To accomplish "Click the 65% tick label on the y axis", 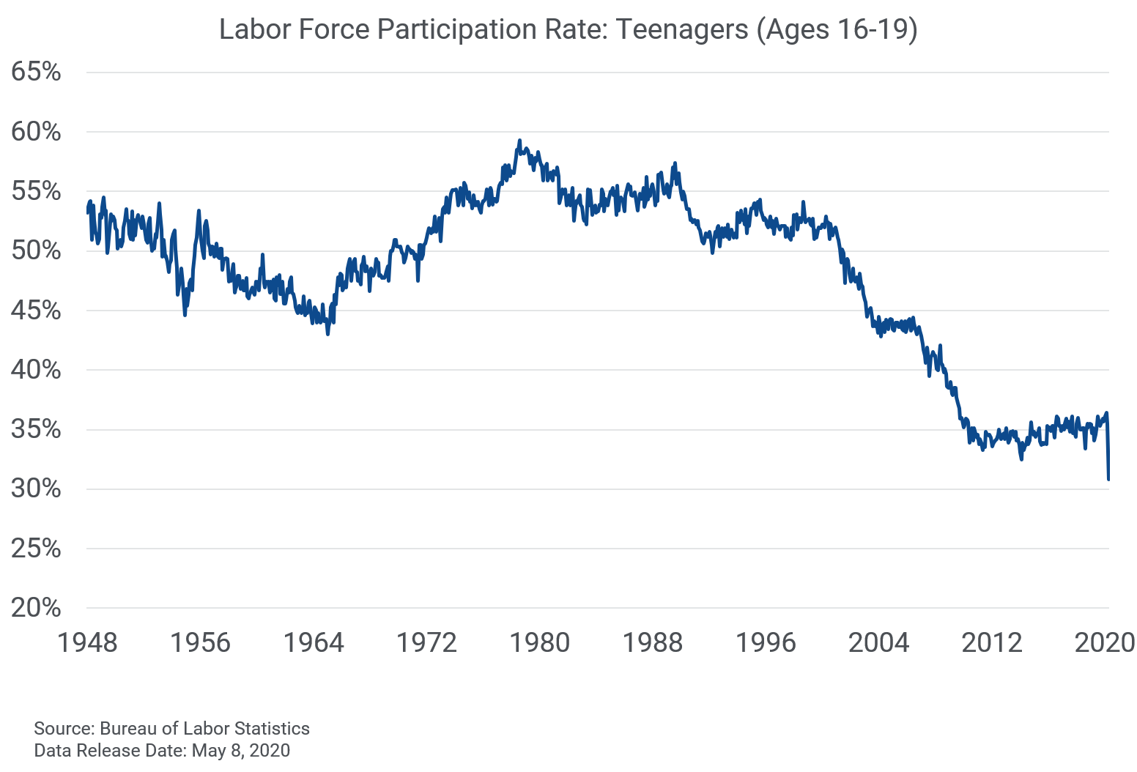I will (36, 72).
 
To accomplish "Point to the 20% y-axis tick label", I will (36, 607).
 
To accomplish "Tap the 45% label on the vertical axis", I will (36, 310).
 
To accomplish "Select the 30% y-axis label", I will (36, 489).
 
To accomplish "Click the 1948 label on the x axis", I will (87, 643).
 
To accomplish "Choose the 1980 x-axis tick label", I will (539, 643).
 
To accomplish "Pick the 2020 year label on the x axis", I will (1104, 643).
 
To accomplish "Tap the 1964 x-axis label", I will (314, 643).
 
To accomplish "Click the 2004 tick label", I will (878, 643).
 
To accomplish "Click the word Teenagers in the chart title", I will (682, 30).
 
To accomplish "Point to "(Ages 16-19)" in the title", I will (837, 30).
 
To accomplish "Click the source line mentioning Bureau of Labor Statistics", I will (172, 729).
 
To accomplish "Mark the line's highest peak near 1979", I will (519, 141).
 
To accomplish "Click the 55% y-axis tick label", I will (36, 191).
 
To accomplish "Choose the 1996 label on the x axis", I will (766, 643).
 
